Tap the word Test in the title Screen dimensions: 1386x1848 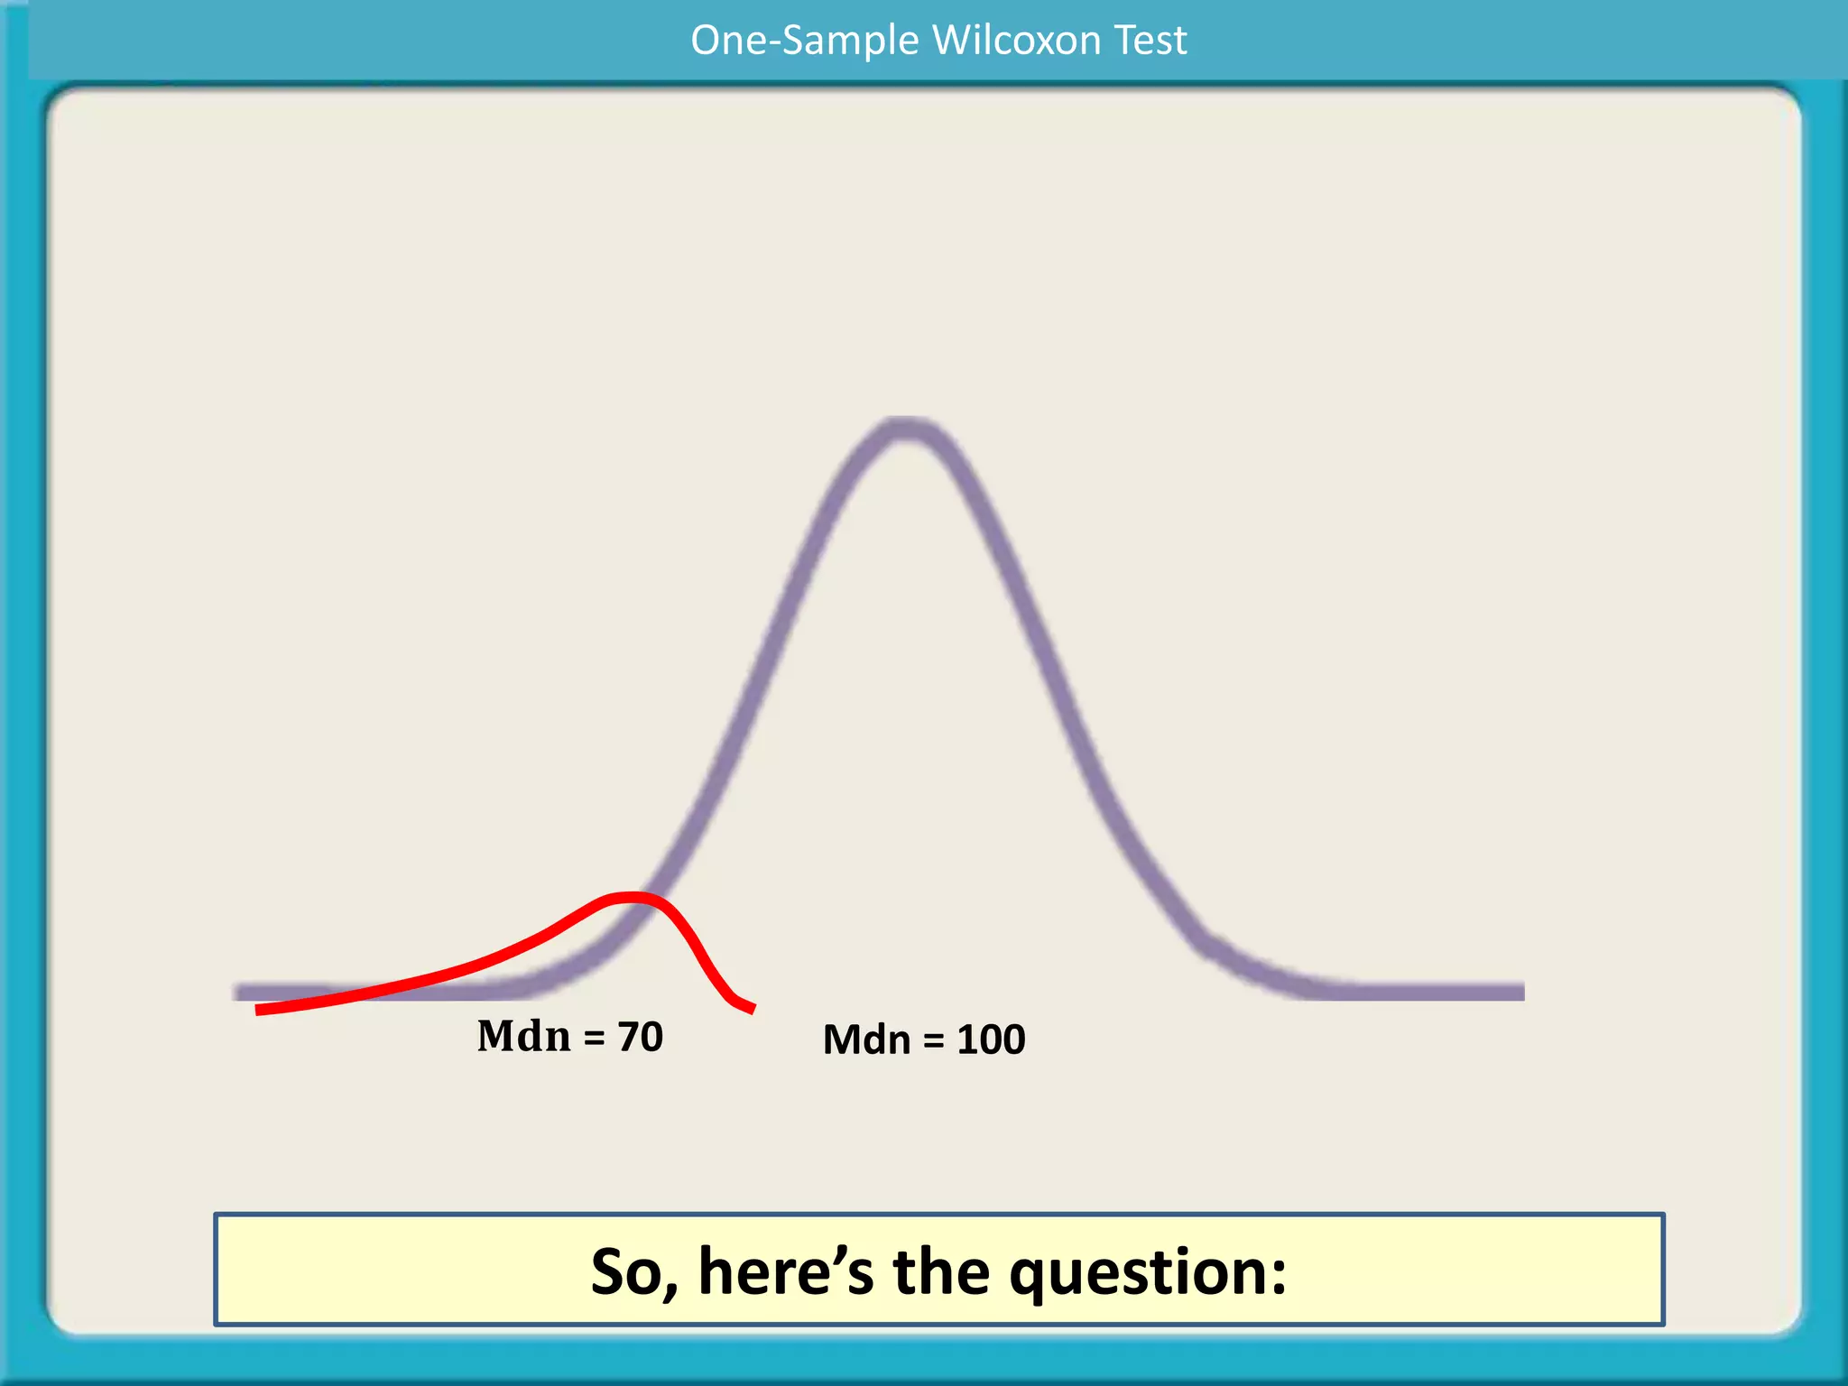point(1150,41)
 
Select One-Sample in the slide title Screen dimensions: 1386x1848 point(805,41)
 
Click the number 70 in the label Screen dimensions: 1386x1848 point(641,1037)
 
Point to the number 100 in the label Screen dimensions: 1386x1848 point(991,1039)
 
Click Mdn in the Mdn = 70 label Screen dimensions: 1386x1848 point(523,1036)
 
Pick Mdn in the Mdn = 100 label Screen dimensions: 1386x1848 point(866,1039)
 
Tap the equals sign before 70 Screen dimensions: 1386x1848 point(594,1039)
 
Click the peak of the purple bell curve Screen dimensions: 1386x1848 point(905,430)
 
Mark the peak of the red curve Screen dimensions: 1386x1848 point(632,897)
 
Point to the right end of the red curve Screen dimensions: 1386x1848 point(752,1009)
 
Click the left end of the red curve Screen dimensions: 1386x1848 point(259,1010)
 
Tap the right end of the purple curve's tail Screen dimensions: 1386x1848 point(1521,992)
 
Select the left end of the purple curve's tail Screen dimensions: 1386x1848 point(236,992)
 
